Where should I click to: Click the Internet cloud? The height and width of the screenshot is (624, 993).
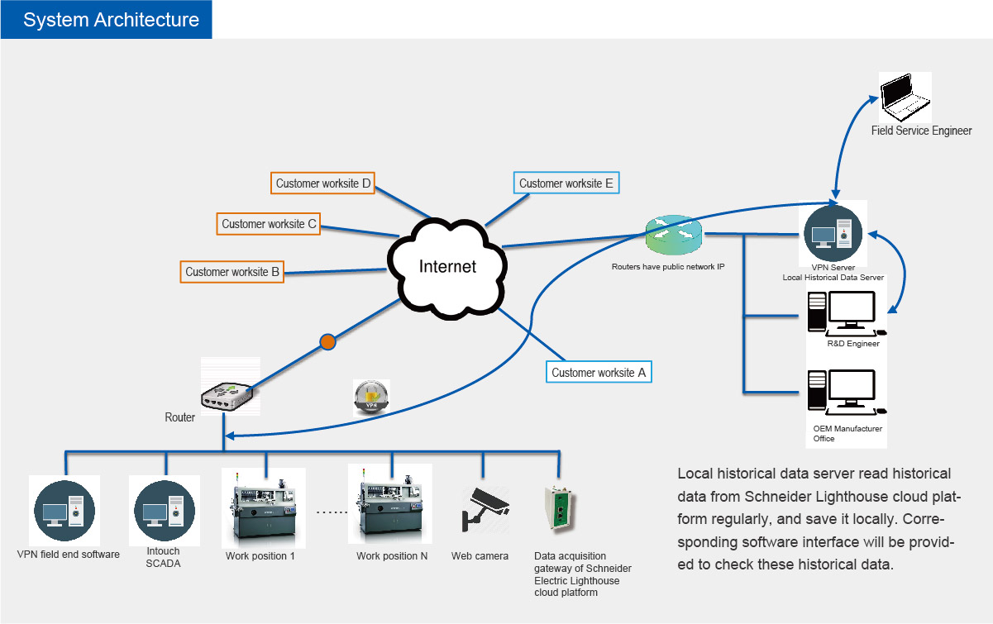coord(448,267)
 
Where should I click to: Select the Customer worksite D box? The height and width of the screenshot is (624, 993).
coord(322,183)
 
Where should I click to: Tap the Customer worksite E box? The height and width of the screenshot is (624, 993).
coord(566,183)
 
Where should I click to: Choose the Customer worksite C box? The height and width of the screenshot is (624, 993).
coord(268,224)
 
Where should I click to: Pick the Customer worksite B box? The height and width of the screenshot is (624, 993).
coord(232,272)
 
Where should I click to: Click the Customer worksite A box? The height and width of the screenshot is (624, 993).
coord(599,372)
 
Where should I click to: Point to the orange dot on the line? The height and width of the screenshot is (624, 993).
coord(327,341)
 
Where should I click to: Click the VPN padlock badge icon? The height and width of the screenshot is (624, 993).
coord(371,397)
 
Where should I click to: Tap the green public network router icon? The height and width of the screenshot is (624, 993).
coord(674,235)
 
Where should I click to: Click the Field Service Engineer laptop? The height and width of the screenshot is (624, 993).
coord(905,97)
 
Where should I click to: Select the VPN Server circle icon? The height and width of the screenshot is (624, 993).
coord(833,233)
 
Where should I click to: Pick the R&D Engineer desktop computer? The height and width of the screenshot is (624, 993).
coord(846,314)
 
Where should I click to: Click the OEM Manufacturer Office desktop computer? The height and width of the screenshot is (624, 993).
coord(846,393)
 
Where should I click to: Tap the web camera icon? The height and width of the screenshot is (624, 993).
coord(485,509)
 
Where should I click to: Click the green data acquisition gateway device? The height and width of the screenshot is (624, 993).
coord(560,507)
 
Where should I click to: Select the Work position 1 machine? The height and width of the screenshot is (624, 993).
coord(263,509)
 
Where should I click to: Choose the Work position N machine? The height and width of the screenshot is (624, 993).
coord(390,505)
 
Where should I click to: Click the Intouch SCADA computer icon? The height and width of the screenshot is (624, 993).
coord(165,511)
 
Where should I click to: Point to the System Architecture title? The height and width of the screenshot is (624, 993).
coord(111,20)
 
